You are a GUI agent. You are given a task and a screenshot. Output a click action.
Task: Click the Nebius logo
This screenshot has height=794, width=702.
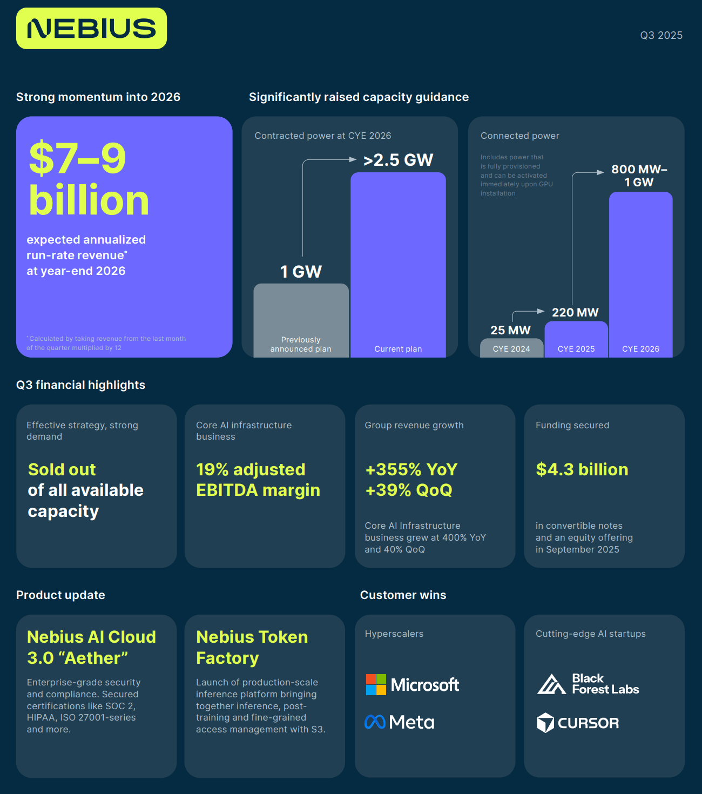tap(91, 28)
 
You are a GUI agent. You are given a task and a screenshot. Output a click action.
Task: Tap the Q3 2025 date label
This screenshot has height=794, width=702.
tap(661, 35)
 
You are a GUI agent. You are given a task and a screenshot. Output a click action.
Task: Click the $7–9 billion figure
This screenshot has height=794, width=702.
tap(89, 179)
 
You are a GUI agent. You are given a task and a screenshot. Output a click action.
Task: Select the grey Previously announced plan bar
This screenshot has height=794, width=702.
tap(301, 320)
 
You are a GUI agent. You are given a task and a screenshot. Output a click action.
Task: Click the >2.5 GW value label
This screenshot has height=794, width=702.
tap(398, 160)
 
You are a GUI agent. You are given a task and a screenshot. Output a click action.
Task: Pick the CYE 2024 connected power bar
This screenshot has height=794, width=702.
tap(511, 348)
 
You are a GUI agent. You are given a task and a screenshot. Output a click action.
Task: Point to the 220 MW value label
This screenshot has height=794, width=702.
tap(575, 312)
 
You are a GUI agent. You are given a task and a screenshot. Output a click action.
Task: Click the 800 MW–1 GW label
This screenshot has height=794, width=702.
tap(639, 176)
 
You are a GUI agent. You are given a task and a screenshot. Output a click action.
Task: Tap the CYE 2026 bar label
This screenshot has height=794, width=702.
tap(640, 349)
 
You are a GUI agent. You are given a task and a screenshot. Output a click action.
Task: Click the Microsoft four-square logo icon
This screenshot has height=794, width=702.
tap(376, 685)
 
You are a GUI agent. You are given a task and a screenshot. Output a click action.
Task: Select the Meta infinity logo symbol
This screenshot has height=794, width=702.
tap(375, 722)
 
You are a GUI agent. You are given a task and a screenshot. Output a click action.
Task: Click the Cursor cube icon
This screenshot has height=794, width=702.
tap(545, 723)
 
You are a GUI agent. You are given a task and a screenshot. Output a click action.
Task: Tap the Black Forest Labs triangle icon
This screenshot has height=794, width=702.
tap(551, 684)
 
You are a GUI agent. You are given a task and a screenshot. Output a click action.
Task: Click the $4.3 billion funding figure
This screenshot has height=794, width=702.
tap(582, 469)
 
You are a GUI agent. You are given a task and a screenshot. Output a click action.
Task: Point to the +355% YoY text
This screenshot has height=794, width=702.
tap(411, 469)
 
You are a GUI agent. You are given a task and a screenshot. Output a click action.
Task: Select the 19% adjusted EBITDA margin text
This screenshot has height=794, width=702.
tap(258, 480)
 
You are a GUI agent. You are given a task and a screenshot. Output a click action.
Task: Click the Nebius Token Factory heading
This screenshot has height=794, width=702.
tap(252, 648)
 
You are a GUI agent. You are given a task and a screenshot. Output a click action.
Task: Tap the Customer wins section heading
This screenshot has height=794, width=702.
tap(403, 595)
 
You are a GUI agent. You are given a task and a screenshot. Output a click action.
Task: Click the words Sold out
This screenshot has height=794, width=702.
tap(62, 469)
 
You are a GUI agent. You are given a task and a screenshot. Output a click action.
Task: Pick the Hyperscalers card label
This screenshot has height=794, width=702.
tap(394, 634)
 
